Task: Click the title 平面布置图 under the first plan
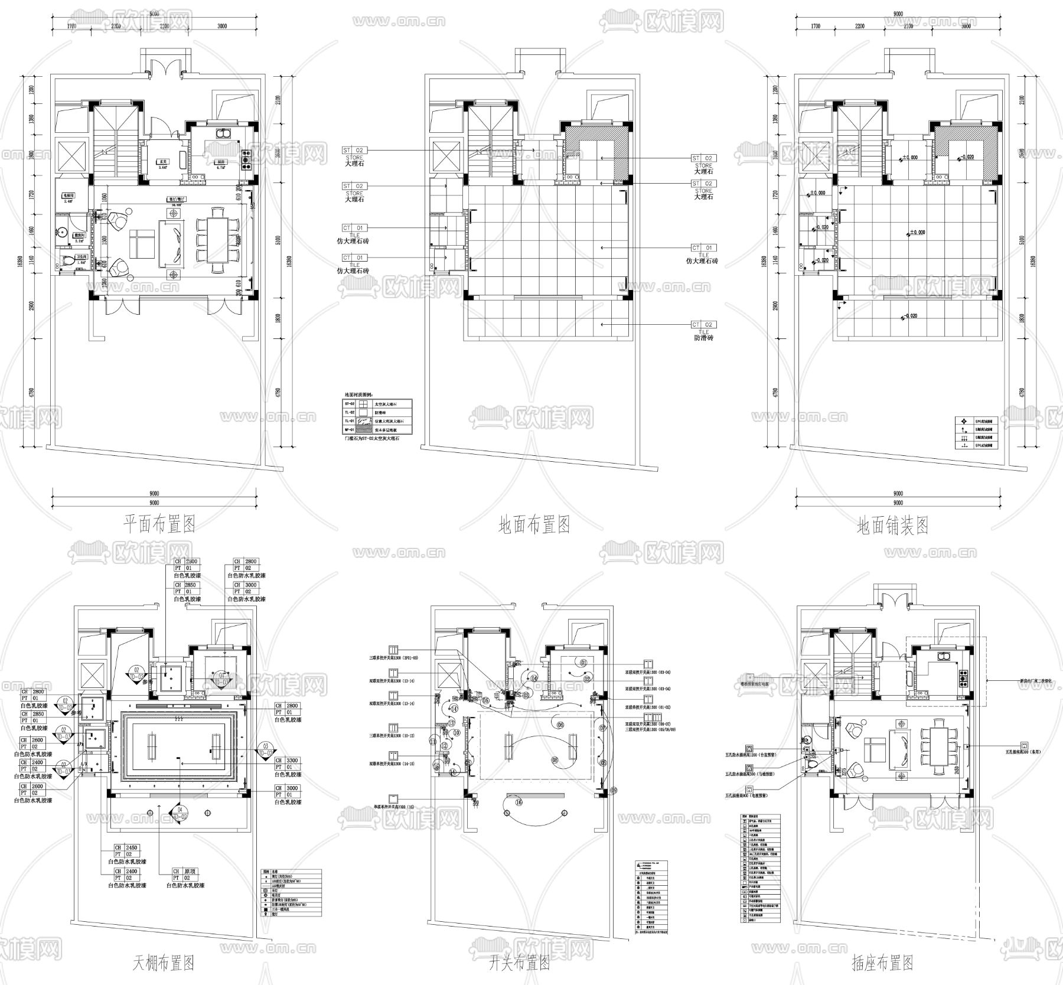(x=158, y=523)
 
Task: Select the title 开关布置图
(x=520, y=963)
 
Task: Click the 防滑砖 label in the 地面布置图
(x=703, y=338)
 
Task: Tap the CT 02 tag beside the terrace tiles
(x=703, y=324)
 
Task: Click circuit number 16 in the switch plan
(x=519, y=802)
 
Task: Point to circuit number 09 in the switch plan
(x=614, y=790)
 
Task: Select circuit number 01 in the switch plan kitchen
(x=583, y=663)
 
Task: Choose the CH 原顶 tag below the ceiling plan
(x=185, y=871)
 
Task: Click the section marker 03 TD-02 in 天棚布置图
(x=266, y=750)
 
